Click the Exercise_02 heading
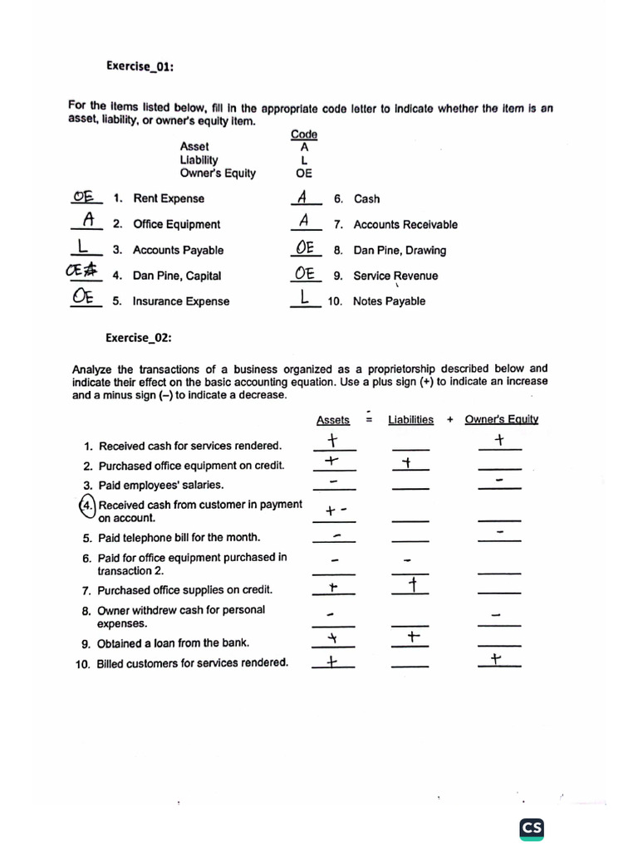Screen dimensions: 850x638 139,337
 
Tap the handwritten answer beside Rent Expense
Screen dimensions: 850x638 83,196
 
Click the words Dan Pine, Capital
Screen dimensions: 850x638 177,276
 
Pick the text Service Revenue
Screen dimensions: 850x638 395,276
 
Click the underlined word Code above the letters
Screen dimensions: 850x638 304,134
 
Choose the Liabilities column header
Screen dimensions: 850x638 410,420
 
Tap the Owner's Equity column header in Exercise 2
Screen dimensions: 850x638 501,419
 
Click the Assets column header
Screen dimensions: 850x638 333,420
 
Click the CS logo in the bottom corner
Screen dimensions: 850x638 532,828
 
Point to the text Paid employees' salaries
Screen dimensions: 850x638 161,485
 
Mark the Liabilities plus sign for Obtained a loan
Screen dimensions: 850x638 413,637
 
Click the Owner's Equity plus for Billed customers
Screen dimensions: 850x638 496,660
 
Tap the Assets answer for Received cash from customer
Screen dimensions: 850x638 336,511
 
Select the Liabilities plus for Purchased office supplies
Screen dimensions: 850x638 412,587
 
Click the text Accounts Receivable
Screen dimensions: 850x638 405,224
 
